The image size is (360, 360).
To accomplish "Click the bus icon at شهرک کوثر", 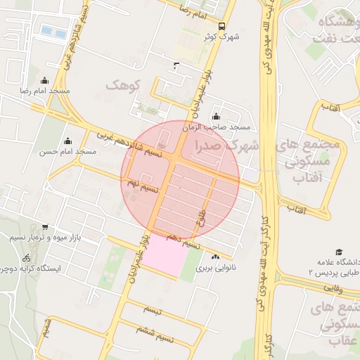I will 222,25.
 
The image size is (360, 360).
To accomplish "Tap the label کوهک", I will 124,84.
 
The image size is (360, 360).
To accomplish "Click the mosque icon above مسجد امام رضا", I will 46,80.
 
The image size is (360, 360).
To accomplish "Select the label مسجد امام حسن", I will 67,151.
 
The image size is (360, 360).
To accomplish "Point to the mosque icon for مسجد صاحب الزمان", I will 215,117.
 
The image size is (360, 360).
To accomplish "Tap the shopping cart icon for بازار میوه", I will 45,227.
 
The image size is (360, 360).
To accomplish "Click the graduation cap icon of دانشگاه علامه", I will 339,252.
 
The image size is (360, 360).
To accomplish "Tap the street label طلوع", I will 202,214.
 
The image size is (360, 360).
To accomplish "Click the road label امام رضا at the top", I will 193,12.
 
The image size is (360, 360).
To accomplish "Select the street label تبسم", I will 153,309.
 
